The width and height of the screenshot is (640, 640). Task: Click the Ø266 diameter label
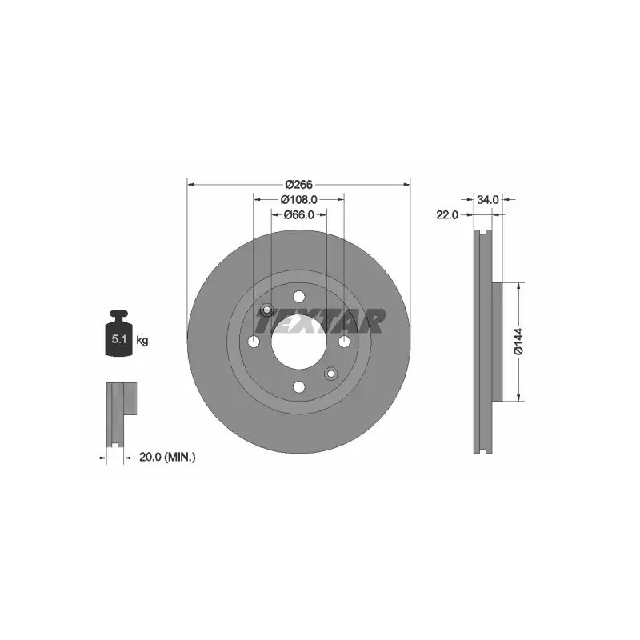click(298, 185)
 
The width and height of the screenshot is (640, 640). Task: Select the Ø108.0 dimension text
click(298, 199)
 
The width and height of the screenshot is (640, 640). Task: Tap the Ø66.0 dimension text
click(298, 214)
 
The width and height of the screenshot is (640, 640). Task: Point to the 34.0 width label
click(488, 199)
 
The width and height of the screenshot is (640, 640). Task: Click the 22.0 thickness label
click(447, 214)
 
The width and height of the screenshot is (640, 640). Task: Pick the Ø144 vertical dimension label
click(518, 342)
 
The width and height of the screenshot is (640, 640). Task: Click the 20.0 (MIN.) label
click(167, 457)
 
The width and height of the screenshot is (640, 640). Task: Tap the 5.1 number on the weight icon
click(118, 338)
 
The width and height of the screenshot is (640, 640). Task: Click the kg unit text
click(142, 340)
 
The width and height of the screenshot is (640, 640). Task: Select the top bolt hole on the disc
click(298, 296)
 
